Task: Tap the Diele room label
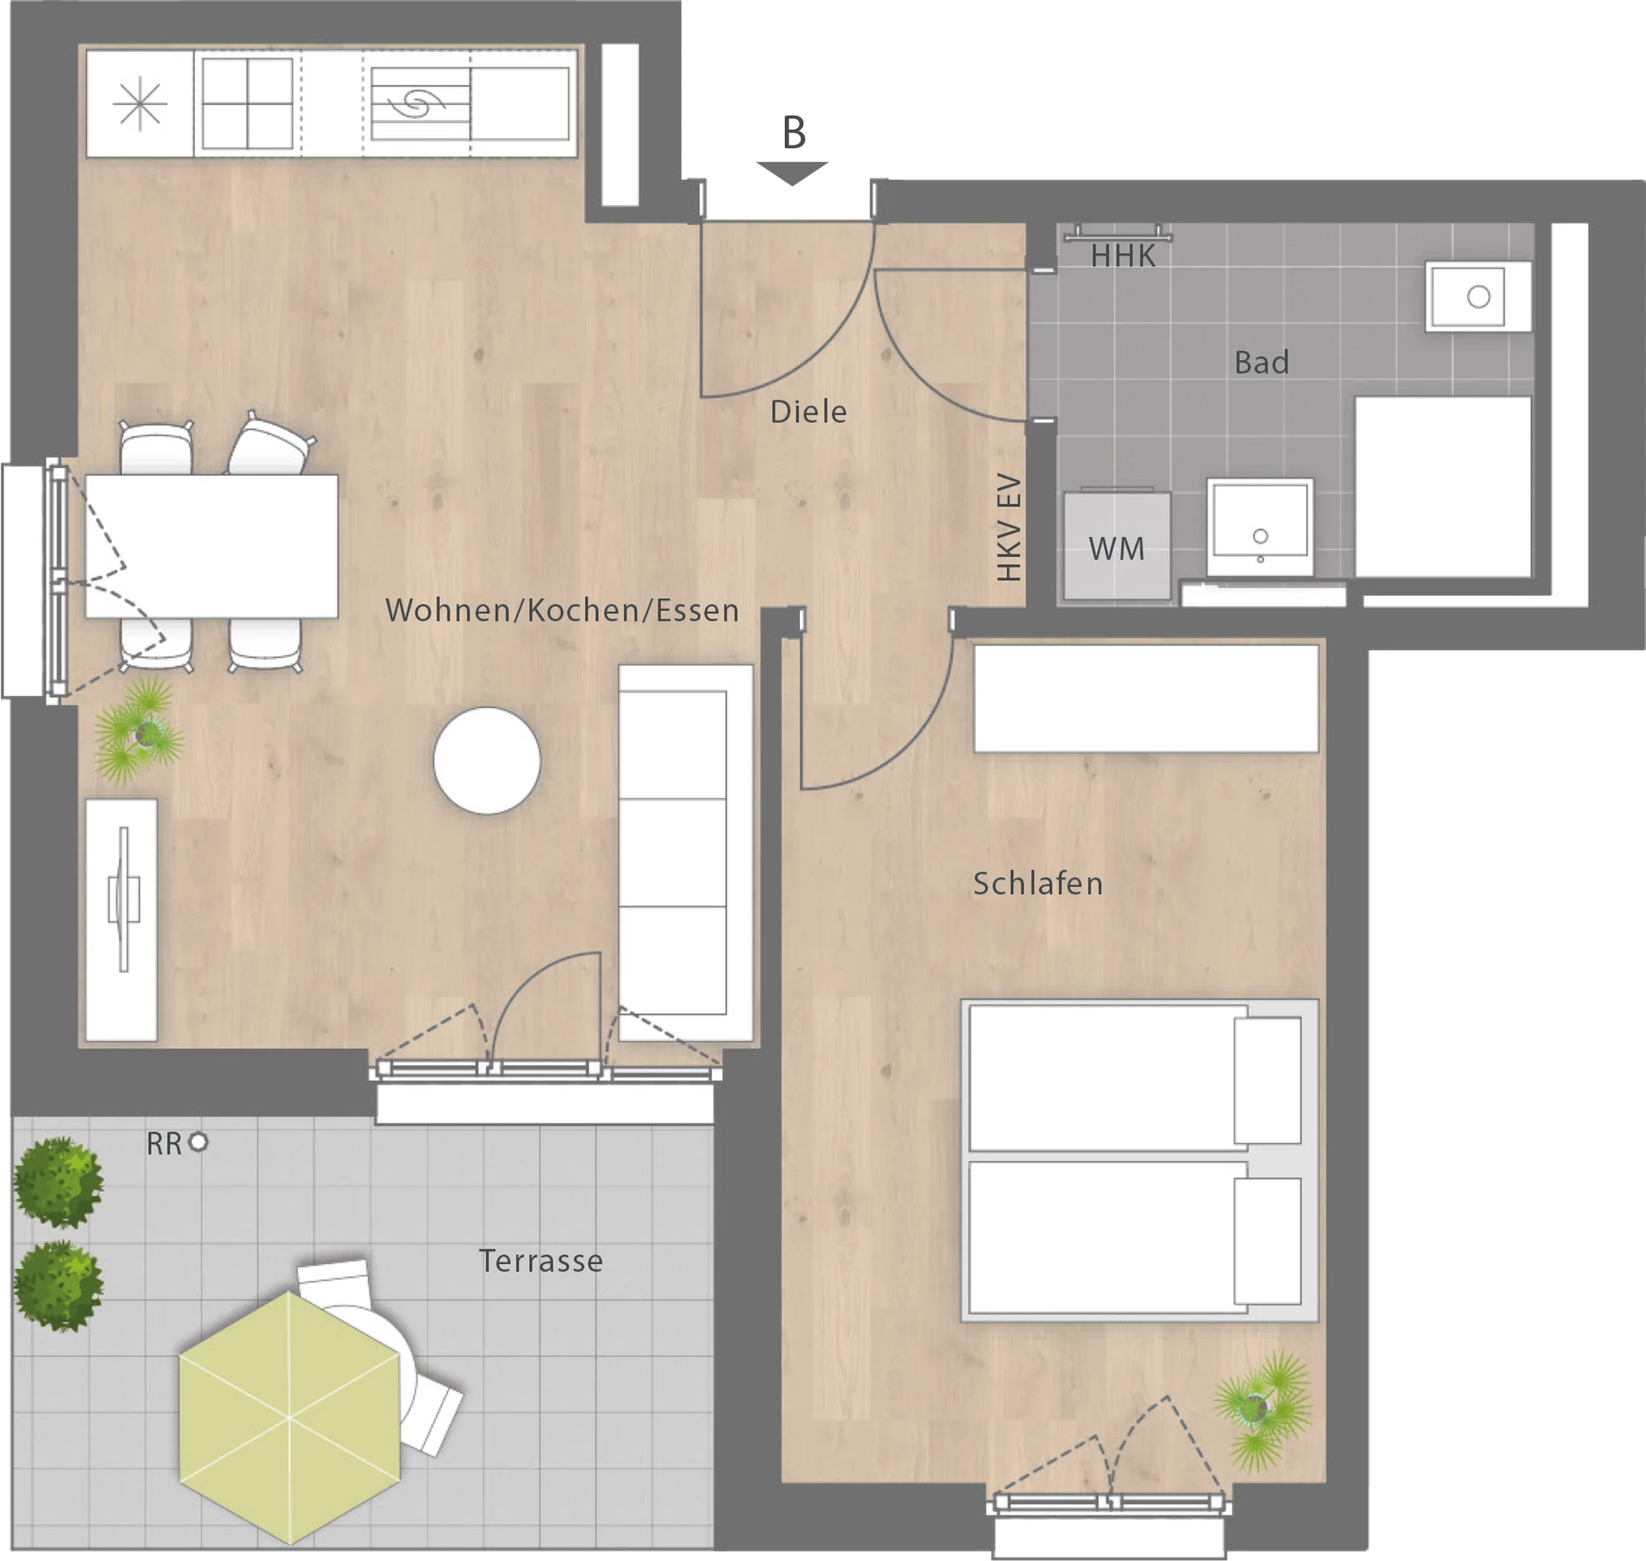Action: [x=808, y=412]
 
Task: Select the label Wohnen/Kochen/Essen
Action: [x=562, y=611]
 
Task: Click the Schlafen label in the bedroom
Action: [x=1038, y=884]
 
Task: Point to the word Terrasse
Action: [x=541, y=1261]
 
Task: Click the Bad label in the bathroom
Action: [x=1261, y=363]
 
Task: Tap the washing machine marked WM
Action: [x=1117, y=546]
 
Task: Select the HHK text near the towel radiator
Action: [x=1123, y=256]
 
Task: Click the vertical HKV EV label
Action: [x=1009, y=527]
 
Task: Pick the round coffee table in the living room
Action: [x=487, y=760]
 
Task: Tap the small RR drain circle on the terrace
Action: [x=198, y=1142]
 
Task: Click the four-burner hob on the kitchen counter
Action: [x=247, y=103]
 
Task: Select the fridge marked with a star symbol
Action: [x=140, y=103]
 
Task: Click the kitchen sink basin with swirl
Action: [x=420, y=104]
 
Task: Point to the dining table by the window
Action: [x=211, y=546]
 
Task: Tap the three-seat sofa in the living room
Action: [x=685, y=853]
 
